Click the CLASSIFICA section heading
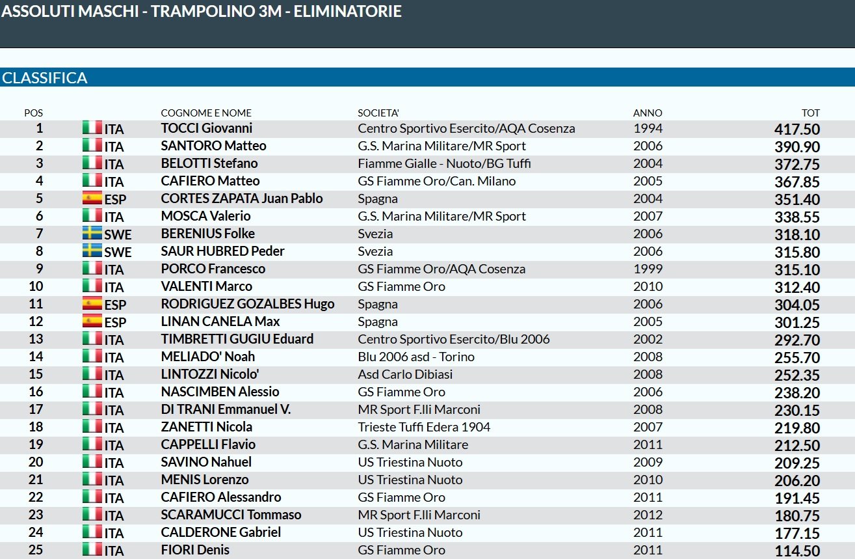45,78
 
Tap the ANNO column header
647,113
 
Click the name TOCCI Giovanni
206,128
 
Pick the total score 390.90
796,146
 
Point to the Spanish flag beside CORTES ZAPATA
92,198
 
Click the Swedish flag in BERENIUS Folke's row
92,233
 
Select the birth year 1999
648,269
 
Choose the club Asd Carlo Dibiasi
405,374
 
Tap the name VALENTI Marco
206,286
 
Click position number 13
36,339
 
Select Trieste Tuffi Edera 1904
424,427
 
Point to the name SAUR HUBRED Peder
222,251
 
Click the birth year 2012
648,515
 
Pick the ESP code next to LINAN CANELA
115,322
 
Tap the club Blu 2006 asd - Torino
416,357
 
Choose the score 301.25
796,322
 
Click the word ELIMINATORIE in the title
347,11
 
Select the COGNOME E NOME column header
206,113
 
